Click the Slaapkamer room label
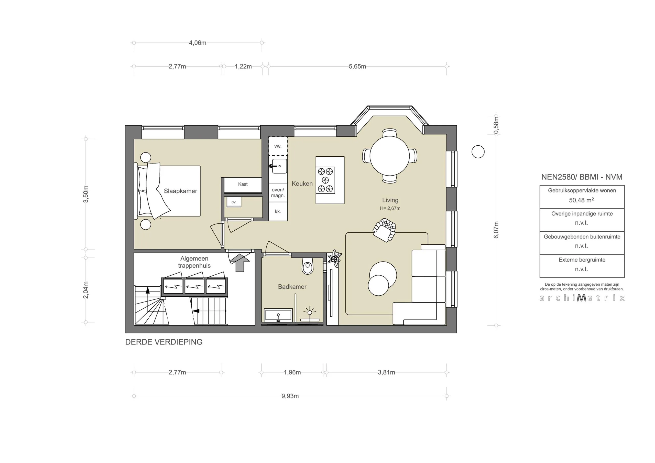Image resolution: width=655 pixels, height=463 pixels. [x=180, y=191]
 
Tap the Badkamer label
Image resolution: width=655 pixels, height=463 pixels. [x=292, y=287]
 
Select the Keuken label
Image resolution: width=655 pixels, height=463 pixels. [x=302, y=184]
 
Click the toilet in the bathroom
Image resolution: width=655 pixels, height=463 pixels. [x=307, y=266]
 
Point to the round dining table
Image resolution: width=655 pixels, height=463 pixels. [x=389, y=156]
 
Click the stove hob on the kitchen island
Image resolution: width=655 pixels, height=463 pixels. [x=325, y=180]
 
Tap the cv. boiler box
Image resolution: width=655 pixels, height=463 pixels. [x=234, y=202]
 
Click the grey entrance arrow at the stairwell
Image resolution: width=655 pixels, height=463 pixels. [x=240, y=262]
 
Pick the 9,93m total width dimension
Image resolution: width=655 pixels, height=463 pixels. [x=290, y=396]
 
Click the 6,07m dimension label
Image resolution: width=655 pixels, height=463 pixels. [x=496, y=230]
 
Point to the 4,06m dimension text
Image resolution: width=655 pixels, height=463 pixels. [x=198, y=43]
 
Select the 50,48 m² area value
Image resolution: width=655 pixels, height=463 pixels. [x=581, y=200]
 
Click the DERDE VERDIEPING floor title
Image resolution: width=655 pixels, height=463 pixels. [x=164, y=342]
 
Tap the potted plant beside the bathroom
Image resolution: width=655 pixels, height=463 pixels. [x=334, y=258]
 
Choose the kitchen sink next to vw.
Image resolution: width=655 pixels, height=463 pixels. [x=279, y=166]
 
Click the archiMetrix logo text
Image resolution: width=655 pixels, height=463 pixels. [x=582, y=298]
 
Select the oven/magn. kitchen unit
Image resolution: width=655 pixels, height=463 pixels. [x=278, y=193]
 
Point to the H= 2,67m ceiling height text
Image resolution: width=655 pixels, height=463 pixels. [x=390, y=208]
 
